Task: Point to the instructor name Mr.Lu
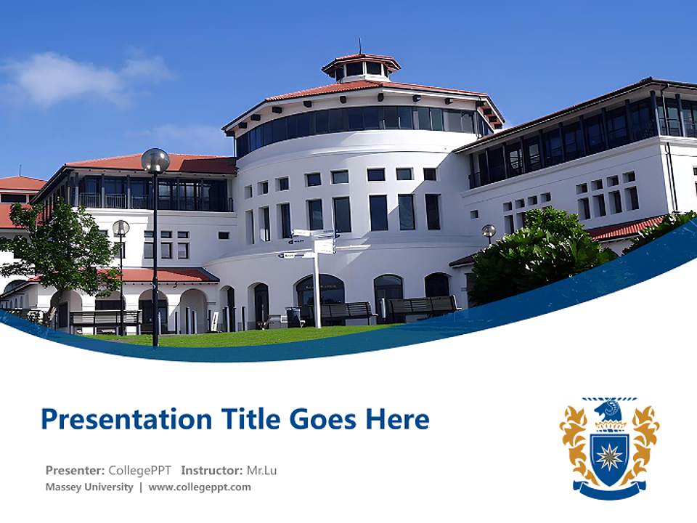click(261, 470)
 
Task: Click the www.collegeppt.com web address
click(200, 487)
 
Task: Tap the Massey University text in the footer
click(89, 487)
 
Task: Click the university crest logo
click(609, 447)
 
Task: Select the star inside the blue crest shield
click(608, 456)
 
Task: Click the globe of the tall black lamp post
click(155, 161)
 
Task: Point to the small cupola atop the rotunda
click(361, 68)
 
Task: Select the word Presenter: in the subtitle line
click(75, 470)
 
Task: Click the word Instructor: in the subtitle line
click(211, 470)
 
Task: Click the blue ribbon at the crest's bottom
click(609, 490)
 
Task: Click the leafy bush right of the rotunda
click(541, 254)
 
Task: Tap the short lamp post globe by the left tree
click(121, 228)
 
